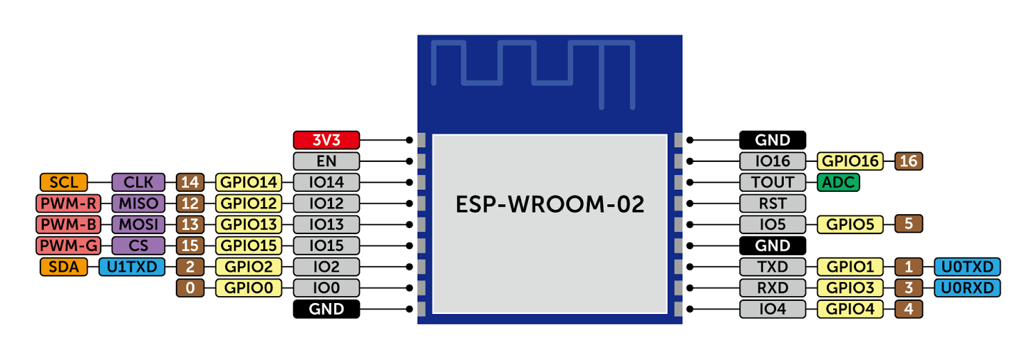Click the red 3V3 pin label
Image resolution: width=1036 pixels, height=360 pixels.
pyautogui.click(x=326, y=140)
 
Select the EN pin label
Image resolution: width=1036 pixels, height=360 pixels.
pyautogui.click(x=326, y=161)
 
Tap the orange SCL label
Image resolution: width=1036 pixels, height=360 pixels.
pyautogui.click(x=64, y=182)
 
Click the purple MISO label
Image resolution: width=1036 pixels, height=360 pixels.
pyautogui.click(x=138, y=204)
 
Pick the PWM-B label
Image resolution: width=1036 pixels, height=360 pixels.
pyautogui.click(x=68, y=224)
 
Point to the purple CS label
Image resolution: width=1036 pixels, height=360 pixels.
pyautogui.click(x=138, y=245)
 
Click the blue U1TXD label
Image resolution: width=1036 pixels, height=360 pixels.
pyautogui.click(x=132, y=266)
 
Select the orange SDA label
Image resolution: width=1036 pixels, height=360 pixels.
pyautogui.click(x=64, y=266)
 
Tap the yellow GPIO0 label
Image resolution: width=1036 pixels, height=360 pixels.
pyautogui.click(x=249, y=288)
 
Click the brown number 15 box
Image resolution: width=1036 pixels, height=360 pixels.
pyautogui.click(x=190, y=245)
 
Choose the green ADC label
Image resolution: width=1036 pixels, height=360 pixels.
pyautogui.click(x=838, y=182)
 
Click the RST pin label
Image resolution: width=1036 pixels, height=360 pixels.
pyautogui.click(x=773, y=204)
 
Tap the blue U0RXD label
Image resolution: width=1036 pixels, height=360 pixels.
pyautogui.click(x=967, y=288)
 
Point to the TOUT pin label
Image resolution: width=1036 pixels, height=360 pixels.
pyautogui.click(x=773, y=182)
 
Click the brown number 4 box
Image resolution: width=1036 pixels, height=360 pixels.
pyautogui.click(x=909, y=309)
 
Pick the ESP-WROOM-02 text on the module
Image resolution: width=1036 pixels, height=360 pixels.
pyautogui.click(x=550, y=205)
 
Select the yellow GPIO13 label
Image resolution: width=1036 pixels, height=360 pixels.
pyautogui.click(x=249, y=224)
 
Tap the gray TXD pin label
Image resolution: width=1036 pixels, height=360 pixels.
pyautogui.click(x=773, y=266)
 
